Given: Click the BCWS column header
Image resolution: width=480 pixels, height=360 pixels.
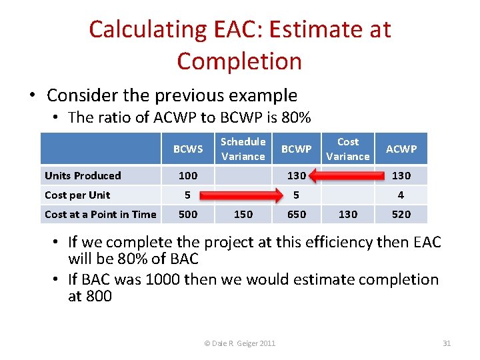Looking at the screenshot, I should tap(188, 149).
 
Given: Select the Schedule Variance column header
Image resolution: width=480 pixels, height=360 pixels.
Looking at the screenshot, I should tap(243, 149).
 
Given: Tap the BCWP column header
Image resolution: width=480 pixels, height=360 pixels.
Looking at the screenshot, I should tap(296, 149).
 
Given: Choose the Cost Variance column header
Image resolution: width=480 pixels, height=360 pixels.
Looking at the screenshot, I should tap(347, 149).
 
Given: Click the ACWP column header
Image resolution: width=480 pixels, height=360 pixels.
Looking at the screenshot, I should tap(401, 149).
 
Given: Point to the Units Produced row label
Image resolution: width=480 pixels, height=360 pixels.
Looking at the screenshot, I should tap(83, 176).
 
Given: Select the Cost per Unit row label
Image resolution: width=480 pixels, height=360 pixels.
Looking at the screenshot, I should tap(77, 195).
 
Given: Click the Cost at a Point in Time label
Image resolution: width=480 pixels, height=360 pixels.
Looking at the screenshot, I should tap(100, 215).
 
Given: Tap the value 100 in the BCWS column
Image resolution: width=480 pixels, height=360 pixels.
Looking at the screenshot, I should tap(188, 176).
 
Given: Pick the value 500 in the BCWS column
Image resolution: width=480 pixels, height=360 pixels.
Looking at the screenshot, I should tap(188, 215).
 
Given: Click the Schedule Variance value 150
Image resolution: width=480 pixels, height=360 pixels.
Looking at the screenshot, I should tap(243, 215).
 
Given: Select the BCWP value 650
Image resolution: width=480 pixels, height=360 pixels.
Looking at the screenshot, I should tap(296, 215).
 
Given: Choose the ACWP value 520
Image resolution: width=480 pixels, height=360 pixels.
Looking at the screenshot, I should tap(401, 215).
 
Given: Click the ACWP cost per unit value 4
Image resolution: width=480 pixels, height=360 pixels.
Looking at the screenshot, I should tap(401, 195).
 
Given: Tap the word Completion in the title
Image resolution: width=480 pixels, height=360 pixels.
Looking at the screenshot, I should tap(239, 61).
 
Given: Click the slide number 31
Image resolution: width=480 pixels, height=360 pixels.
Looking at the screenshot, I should tap(447, 343).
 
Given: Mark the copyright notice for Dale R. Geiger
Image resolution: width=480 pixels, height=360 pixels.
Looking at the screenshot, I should tap(240, 343).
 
